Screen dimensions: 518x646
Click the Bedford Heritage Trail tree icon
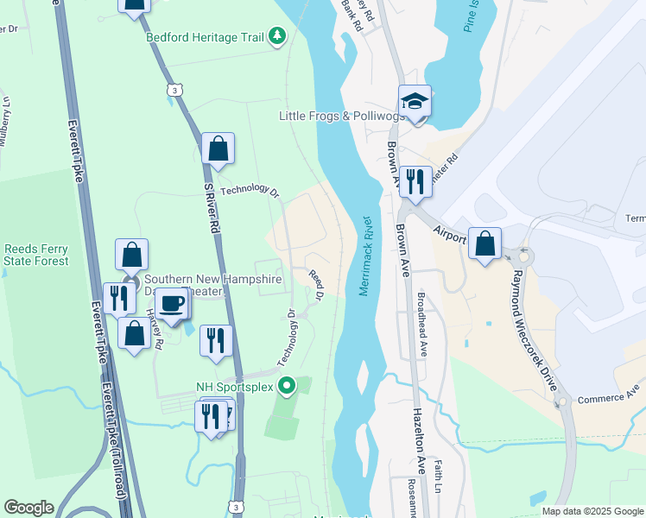coord(277,35)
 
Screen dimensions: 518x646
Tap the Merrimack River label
coord(364,256)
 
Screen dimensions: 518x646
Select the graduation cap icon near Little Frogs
coord(415,102)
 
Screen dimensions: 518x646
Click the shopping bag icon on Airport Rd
coord(485,243)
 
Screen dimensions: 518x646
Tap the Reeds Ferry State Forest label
coord(35,254)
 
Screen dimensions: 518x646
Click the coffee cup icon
coord(173,304)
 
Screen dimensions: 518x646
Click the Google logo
coord(28,508)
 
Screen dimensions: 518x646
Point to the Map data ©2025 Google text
coord(592,511)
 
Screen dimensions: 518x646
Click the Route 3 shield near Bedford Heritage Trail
coord(174,90)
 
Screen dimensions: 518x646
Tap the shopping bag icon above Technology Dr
coord(218,148)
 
